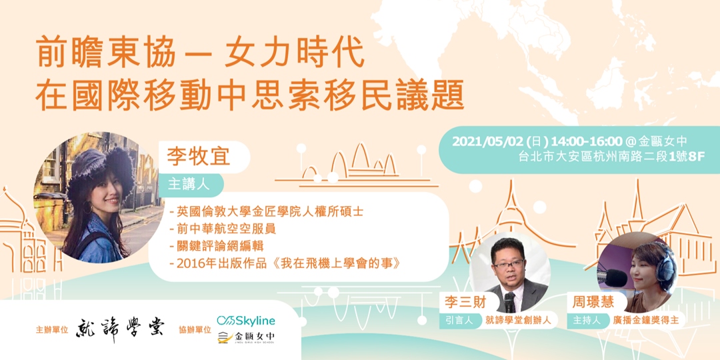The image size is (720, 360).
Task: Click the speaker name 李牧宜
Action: [198, 157]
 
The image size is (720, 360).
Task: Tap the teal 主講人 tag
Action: [189, 183]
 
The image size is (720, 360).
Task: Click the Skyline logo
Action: [246, 321]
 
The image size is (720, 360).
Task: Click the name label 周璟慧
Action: [589, 302]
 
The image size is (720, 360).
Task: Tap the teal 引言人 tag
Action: [460, 321]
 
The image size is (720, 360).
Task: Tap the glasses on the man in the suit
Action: [507, 263]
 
